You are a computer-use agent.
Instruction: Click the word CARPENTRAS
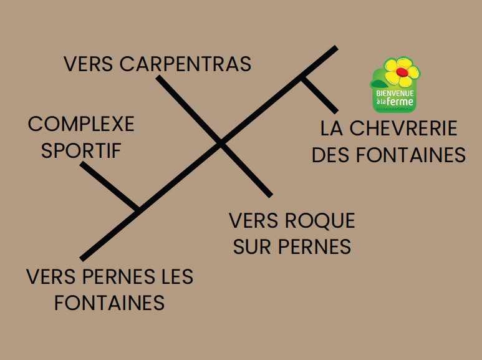185,64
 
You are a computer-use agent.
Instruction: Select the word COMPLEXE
81,124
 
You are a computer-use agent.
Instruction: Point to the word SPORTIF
81,150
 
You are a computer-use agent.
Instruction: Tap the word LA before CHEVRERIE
332,129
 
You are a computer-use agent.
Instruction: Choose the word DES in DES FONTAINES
330,155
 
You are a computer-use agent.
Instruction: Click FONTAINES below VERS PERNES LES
109,303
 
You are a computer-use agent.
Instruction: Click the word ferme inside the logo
401,102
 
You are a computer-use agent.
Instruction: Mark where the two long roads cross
220,144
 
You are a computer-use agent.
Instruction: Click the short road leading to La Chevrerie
320,95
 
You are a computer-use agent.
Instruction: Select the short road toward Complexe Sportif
109,187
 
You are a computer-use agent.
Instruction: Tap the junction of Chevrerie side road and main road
303,78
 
